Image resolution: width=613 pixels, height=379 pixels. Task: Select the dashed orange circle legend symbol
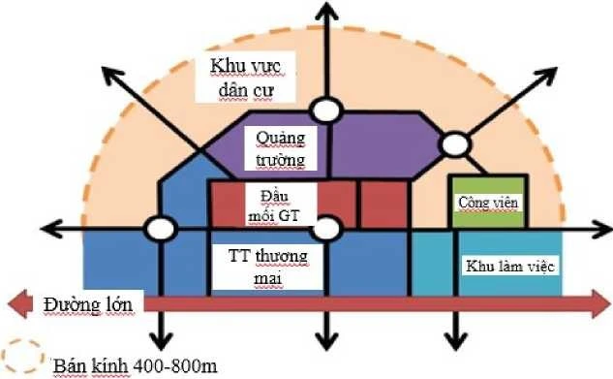click(21, 360)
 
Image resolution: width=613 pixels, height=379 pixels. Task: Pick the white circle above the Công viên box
click(452, 143)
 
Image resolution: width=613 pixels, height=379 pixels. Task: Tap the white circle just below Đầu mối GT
click(329, 230)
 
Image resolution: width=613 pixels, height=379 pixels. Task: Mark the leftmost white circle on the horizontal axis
click(160, 230)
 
